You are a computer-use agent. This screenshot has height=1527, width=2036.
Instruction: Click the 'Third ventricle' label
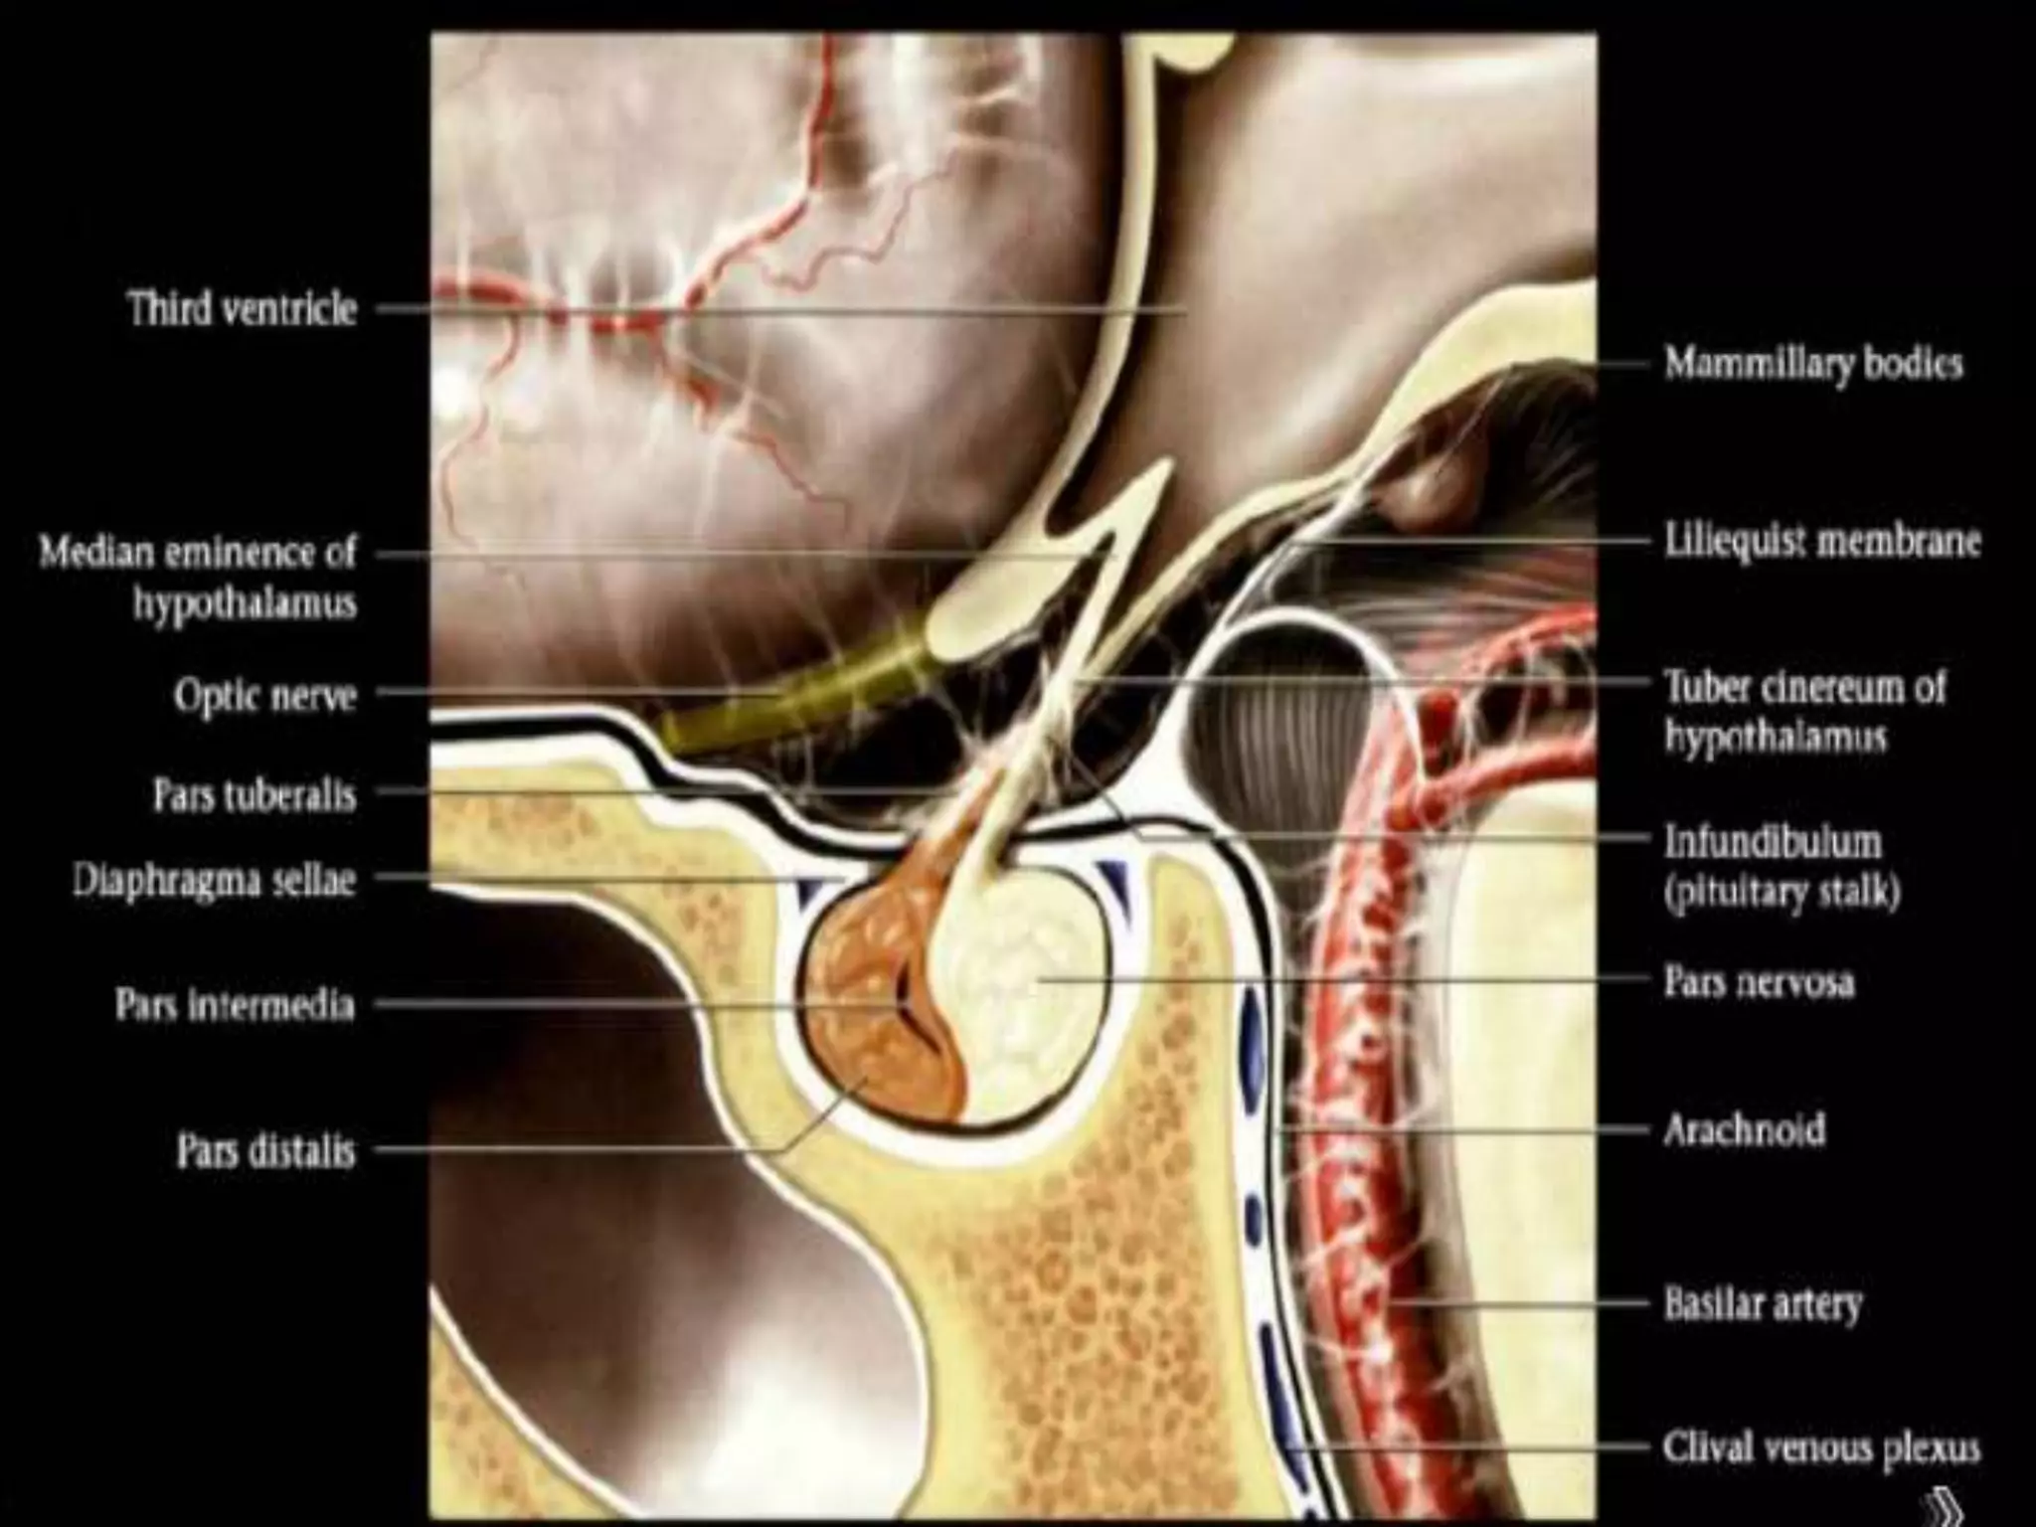pyautogui.click(x=242, y=308)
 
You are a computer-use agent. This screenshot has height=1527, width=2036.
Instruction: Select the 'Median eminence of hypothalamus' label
pyautogui.click(x=197, y=577)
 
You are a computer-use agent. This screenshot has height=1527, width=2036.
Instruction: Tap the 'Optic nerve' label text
pyautogui.click(x=264, y=695)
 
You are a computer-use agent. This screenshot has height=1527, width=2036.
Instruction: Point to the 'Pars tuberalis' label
pyautogui.click(x=254, y=795)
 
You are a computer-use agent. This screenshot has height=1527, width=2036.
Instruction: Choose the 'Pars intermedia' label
pyautogui.click(x=235, y=1004)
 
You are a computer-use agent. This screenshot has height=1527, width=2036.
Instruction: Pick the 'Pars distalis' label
pyautogui.click(x=265, y=1152)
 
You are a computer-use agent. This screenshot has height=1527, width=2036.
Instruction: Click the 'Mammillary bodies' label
pyautogui.click(x=1813, y=364)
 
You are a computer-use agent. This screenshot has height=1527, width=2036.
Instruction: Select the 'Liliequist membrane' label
pyautogui.click(x=1822, y=543)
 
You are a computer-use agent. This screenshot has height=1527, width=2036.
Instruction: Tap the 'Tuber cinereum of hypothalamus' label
pyautogui.click(x=1804, y=712)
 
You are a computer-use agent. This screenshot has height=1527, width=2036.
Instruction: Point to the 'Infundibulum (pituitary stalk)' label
pyautogui.click(x=1782, y=867)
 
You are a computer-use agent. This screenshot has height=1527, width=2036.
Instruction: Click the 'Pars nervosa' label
pyautogui.click(x=1759, y=981)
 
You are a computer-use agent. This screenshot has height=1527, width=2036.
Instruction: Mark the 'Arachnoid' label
pyautogui.click(x=1745, y=1130)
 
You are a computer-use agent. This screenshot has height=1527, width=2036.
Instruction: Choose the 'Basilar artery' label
pyautogui.click(x=1763, y=1302)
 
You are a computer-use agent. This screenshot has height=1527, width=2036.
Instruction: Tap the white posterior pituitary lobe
pyautogui.click(x=1024, y=984)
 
